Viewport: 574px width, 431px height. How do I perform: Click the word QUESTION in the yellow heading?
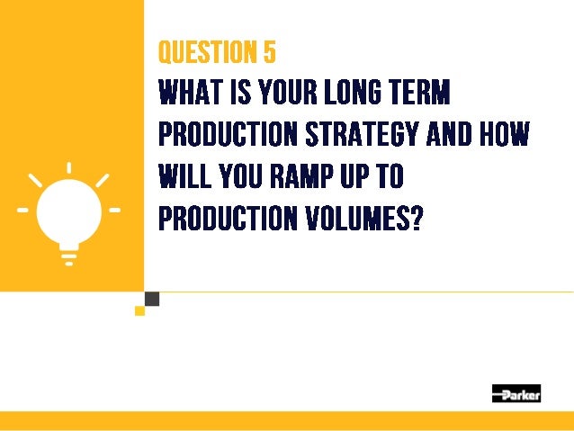(203, 53)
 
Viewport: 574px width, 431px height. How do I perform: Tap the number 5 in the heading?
(269, 53)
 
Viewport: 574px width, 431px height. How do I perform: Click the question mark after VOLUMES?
(415, 218)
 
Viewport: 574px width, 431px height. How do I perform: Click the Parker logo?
(516, 393)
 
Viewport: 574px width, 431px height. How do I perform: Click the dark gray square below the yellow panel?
(151, 299)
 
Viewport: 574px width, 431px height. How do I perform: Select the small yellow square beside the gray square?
(139, 310)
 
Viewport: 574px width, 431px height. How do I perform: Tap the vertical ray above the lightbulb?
(69, 169)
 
